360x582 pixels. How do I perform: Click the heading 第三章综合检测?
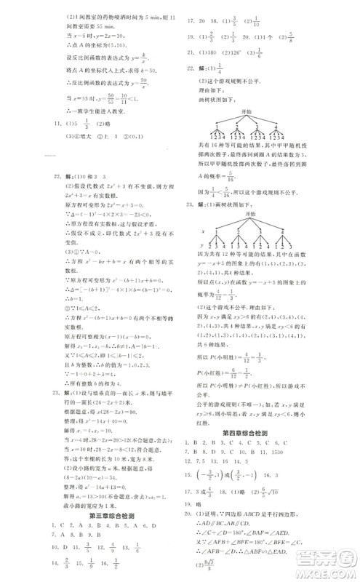(x=112, y=519)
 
